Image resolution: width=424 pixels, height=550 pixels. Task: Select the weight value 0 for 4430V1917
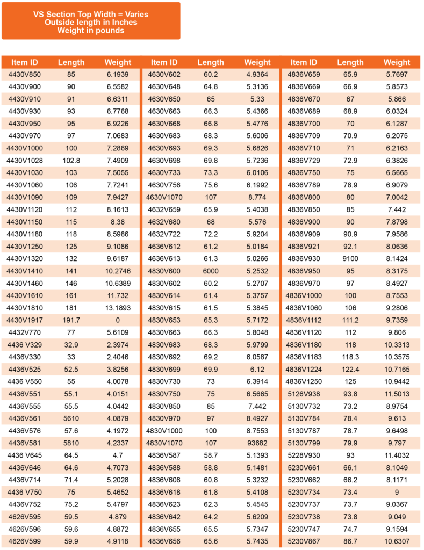coord(118,320)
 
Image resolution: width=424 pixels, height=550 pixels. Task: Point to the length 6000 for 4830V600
coord(211,271)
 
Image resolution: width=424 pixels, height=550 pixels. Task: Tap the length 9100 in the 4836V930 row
coord(350,259)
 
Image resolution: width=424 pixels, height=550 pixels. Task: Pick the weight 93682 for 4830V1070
coord(257,443)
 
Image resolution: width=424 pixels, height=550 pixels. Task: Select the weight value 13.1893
coord(118,308)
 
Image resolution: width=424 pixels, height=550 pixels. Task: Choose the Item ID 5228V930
coord(304,455)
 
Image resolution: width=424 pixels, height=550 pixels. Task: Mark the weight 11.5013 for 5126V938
coord(397,394)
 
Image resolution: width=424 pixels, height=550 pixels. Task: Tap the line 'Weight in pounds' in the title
coord(91,31)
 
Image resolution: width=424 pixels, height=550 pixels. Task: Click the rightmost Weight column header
coord(397,62)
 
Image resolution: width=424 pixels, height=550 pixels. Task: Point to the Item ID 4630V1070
coord(164,197)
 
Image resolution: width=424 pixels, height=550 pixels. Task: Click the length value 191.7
coord(71,320)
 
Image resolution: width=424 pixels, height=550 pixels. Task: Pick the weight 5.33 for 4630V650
coord(257,99)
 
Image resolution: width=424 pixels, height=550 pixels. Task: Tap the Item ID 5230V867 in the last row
coord(304,541)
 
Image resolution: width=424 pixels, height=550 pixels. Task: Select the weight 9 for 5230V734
coord(397,492)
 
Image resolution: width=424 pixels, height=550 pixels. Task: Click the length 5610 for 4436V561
coord(71,418)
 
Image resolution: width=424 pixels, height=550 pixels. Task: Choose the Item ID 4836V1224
coord(304,370)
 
